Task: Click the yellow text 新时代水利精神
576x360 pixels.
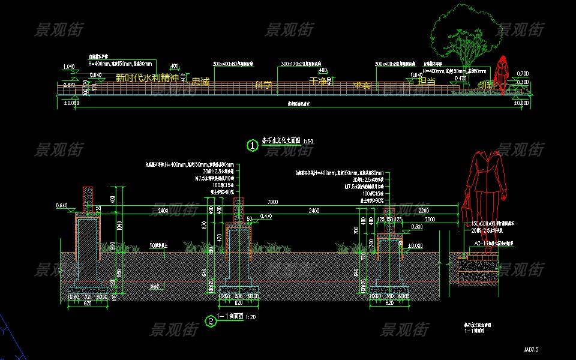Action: [147, 77]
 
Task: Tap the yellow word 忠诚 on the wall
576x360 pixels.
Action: [200, 82]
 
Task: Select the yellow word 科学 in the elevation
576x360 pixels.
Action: [263, 85]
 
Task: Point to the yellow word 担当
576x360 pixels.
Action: [426, 81]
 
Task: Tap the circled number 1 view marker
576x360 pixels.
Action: [253, 145]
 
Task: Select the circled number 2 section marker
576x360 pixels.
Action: [211, 321]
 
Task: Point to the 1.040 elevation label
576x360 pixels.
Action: [68, 67]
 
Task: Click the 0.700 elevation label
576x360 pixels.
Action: [523, 73]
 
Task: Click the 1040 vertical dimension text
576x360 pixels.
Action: [120, 226]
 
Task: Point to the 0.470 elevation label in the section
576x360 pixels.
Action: [266, 216]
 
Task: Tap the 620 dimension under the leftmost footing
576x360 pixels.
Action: [87, 304]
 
